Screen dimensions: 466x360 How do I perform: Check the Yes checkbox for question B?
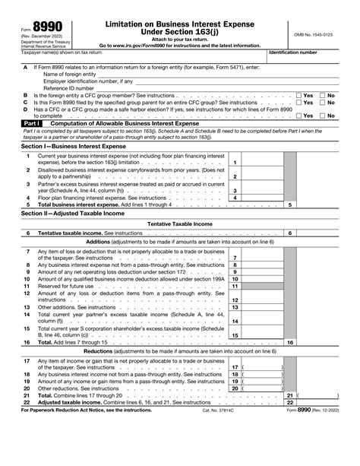(x=298, y=94)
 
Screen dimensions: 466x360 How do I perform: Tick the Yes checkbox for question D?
(x=298, y=115)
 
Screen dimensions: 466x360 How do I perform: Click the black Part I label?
(x=30, y=122)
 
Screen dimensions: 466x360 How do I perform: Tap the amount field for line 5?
(x=319, y=204)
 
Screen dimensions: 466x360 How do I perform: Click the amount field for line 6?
(x=319, y=232)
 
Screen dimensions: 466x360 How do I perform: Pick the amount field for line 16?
(x=319, y=344)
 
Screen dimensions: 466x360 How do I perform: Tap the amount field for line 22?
(x=319, y=402)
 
